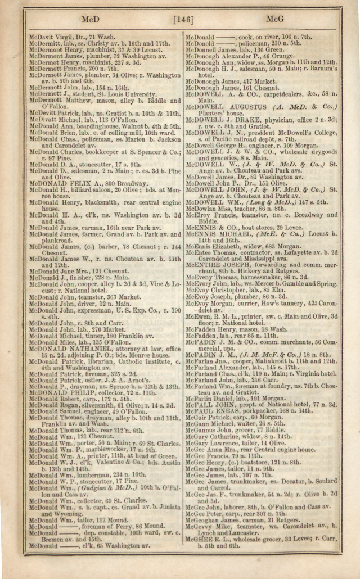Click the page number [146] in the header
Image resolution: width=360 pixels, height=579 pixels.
pyautogui.click(x=184, y=20)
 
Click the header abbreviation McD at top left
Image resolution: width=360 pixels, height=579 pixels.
pyautogui.click(x=91, y=20)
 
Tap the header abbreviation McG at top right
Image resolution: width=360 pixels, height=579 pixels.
pyautogui.click(x=274, y=20)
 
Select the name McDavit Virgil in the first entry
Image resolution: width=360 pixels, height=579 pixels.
pyautogui.click(x=52, y=37)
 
